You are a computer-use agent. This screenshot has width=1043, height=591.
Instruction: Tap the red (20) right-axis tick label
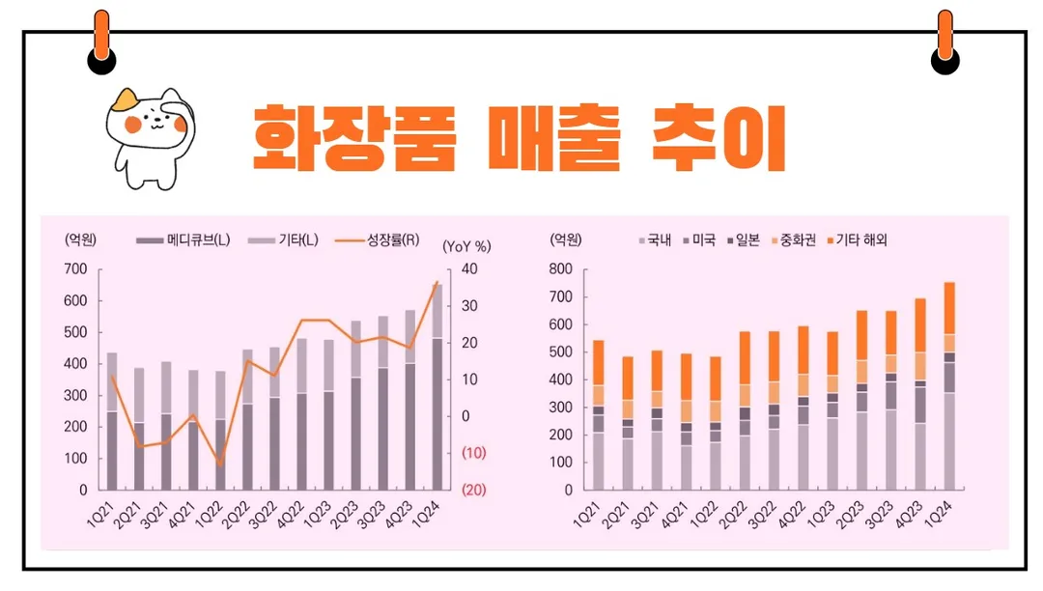(473, 490)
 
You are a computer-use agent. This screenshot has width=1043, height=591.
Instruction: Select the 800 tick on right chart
(560, 269)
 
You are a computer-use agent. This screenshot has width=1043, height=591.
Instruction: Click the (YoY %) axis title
(467, 245)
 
